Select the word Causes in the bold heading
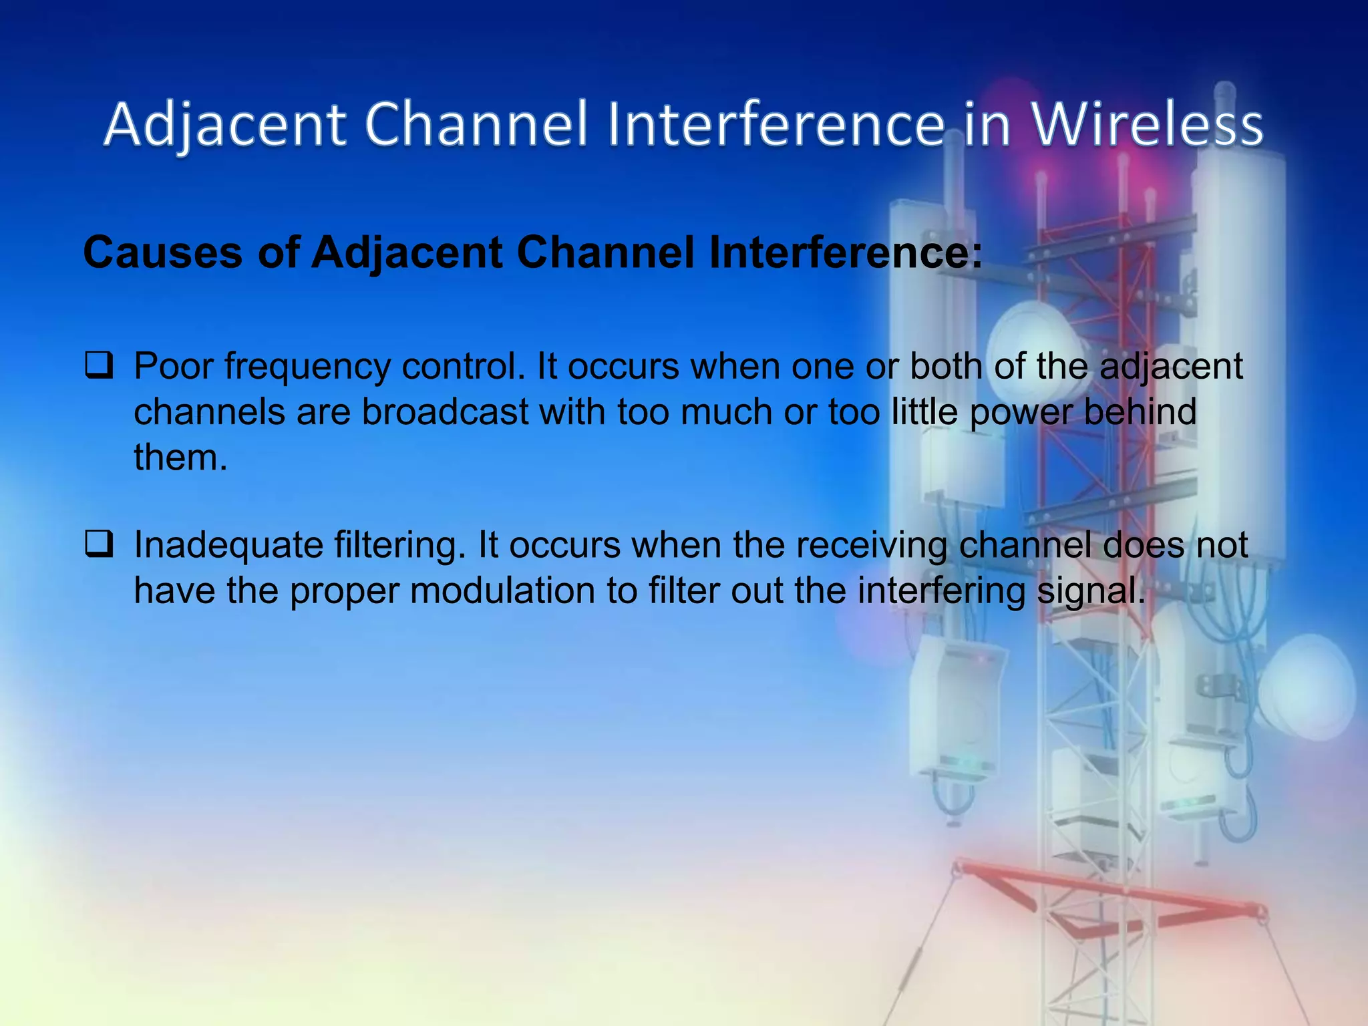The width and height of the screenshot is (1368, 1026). [163, 253]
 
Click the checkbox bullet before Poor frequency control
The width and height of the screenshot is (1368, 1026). [98, 367]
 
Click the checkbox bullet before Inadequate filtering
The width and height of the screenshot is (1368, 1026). [98, 545]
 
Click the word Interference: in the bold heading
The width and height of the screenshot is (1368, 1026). [846, 253]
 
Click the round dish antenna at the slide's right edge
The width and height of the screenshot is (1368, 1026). [1309, 688]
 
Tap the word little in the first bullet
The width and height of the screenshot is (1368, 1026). [924, 412]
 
